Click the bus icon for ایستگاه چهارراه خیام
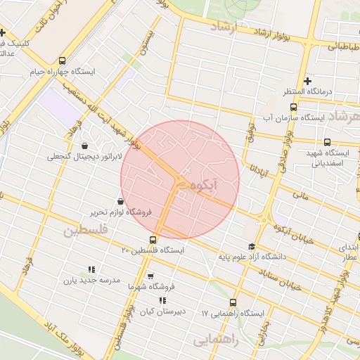coord(63,60)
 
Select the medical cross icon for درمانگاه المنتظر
coord(307,81)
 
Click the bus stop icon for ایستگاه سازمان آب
coord(293,108)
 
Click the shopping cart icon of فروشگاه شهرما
coord(149,276)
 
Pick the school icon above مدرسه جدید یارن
coord(91,269)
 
